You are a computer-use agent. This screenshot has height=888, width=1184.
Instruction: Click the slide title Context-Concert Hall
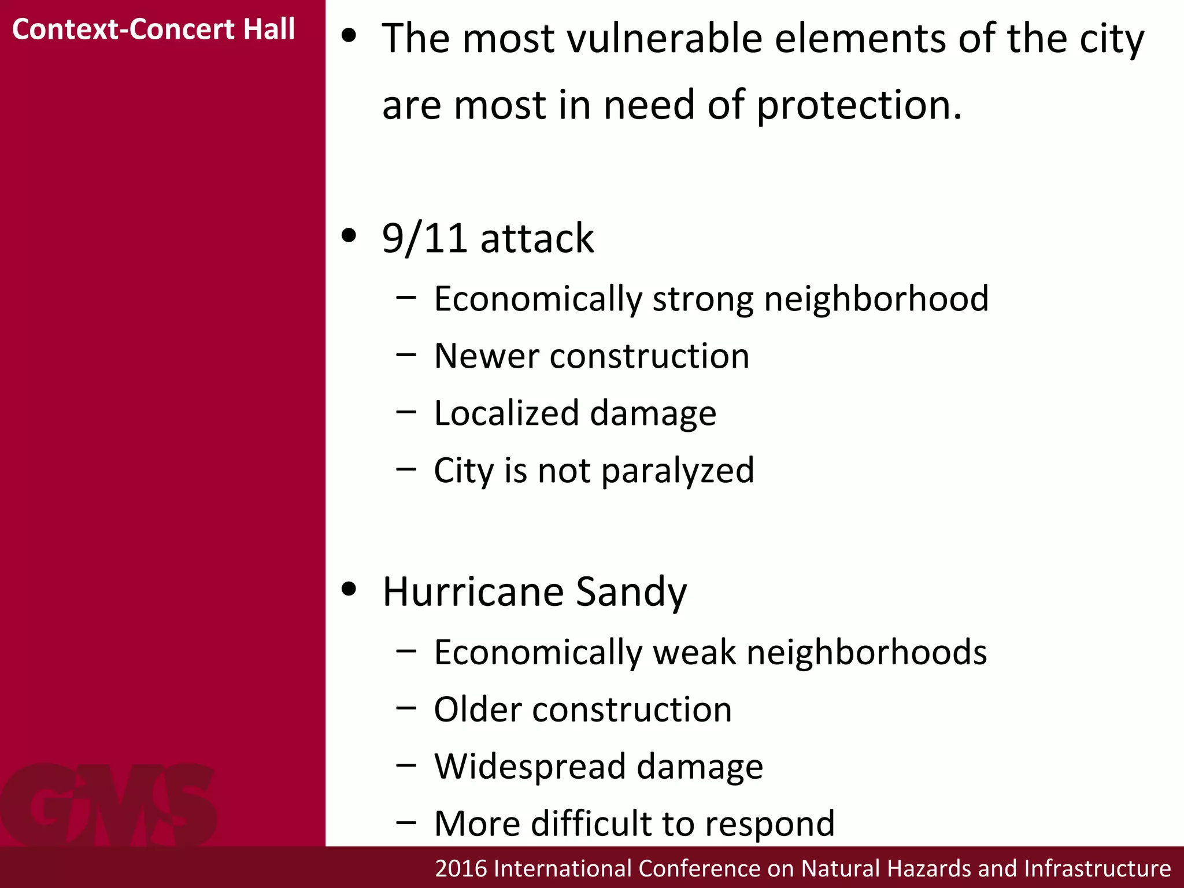coord(153,29)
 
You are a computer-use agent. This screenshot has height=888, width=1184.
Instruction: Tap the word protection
coord(859,106)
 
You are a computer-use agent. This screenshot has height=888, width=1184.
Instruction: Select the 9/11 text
coord(424,238)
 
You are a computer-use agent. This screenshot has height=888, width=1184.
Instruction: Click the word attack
coord(537,238)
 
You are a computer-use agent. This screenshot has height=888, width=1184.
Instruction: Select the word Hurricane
coord(473,592)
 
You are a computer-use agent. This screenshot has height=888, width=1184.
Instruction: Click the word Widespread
coord(530,767)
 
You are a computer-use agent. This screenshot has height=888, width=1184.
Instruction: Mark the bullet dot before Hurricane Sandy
coord(349,589)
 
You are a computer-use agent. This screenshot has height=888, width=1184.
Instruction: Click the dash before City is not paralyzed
coord(406,469)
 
